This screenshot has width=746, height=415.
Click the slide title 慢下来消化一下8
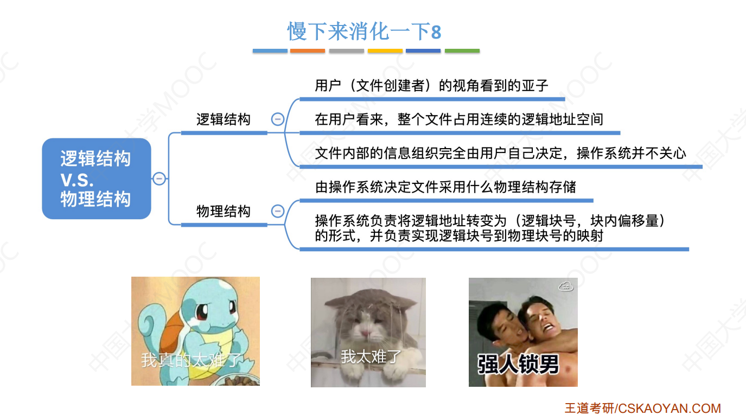pyautogui.click(x=364, y=31)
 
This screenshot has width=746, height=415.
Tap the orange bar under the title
pyautogui.click(x=308, y=51)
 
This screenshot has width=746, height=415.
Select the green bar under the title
pyautogui.click(x=462, y=51)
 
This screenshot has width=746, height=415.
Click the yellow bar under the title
pyautogui.click(x=385, y=51)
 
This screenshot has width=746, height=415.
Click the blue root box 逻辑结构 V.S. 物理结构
pyautogui.click(x=96, y=178)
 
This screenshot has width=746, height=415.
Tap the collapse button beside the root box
pyautogui.click(x=159, y=178)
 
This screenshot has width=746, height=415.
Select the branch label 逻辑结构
pyautogui.click(x=223, y=119)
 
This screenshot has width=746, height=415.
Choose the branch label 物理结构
pyautogui.click(x=223, y=211)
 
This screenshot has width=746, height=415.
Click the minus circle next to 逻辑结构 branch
pyautogui.click(x=277, y=119)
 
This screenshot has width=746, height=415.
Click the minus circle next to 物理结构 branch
pyautogui.click(x=277, y=211)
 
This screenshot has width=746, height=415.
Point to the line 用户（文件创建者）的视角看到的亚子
pyautogui.click(x=431, y=86)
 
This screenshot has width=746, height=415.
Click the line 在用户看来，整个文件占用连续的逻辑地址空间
pyautogui.click(x=459, y=119)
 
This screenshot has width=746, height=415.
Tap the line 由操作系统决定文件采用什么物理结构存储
pyautogui.click(x=445, y=188)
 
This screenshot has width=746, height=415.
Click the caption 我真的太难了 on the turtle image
pyautogui.click(x=192, y=360)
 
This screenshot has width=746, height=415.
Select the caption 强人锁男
pyautogui.click(x=518, y=364)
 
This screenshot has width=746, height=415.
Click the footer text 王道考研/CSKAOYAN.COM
pyautogui.click(x=642, y=408)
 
